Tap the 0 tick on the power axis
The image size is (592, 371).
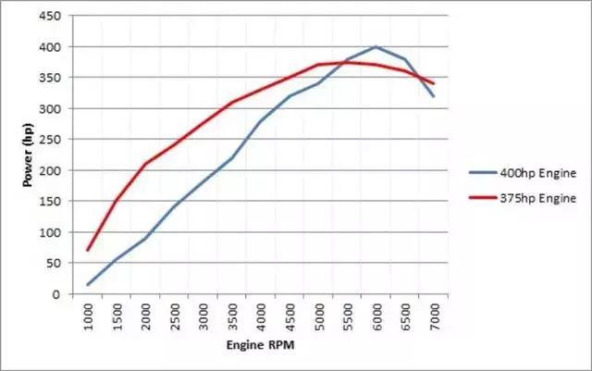click(x=57, y=294)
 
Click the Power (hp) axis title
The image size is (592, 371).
click(x=29, y=155)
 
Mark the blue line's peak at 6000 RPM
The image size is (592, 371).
click(x=376, y=46)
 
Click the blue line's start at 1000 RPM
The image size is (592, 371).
click(x=89, y=285)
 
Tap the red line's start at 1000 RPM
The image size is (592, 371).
click(x=89, y=251)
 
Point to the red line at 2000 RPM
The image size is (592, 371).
click(x=146, y=164)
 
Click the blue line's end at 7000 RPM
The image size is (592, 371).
click(x=433, y=96)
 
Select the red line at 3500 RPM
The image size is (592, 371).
click(x=232, y=102)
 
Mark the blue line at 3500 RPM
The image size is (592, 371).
click(x=232, y=157)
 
